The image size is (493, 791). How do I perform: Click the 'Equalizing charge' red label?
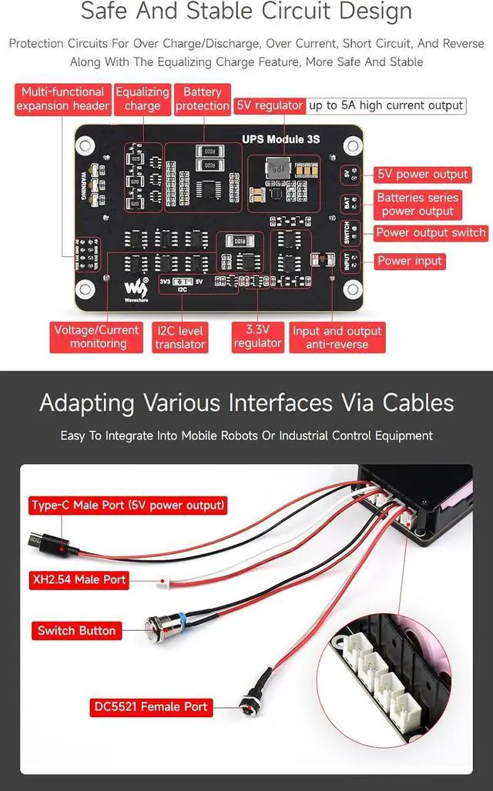point(142,99)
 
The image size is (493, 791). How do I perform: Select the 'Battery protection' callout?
point(202,99)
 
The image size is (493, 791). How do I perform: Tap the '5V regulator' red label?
point(270,105)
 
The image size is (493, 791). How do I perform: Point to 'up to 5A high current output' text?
point(386,105)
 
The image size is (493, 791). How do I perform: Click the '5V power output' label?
point(422,175)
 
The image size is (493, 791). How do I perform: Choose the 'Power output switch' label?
point(431,232)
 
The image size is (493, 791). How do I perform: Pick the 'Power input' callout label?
point(410,261)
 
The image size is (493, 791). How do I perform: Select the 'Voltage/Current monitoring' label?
point(97,336)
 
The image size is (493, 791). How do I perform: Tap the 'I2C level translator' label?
point(179,337)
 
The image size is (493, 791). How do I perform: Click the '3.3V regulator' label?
point(257,336)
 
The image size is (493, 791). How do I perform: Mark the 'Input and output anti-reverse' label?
point(337,337)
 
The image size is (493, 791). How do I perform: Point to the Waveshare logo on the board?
point(134,289)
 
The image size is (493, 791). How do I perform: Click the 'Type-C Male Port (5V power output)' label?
point(128,506)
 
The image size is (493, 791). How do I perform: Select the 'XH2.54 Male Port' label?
point(79,579)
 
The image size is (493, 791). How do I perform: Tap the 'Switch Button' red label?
point(76,631)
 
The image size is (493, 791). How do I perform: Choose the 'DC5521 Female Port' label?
point(150,706)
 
